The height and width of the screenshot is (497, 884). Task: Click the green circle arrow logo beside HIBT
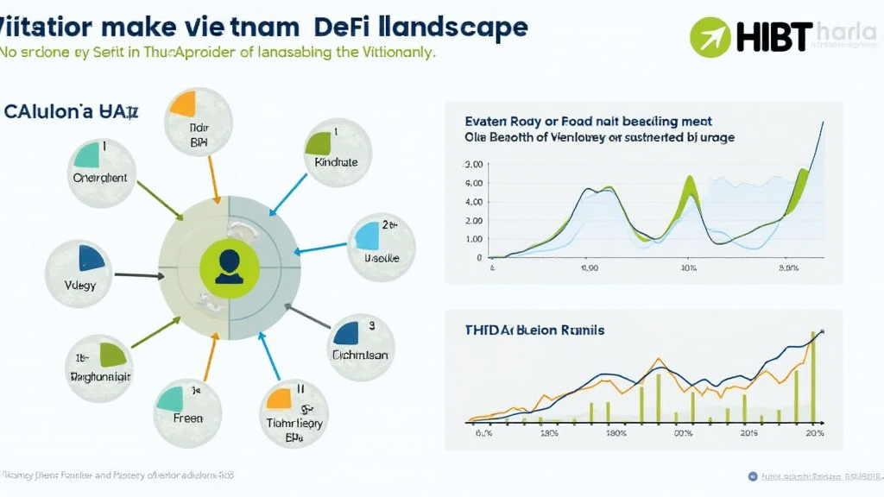[710, 37]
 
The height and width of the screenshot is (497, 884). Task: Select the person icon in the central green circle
[229, 265]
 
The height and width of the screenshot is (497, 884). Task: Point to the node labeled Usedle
[382, 248]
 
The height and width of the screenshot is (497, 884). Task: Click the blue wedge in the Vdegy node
[89, 257]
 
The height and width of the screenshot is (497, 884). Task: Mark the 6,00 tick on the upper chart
[473, 183]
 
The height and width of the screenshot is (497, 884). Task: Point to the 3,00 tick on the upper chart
[473, 164]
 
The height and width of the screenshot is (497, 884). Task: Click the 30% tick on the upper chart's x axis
[689, 267]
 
